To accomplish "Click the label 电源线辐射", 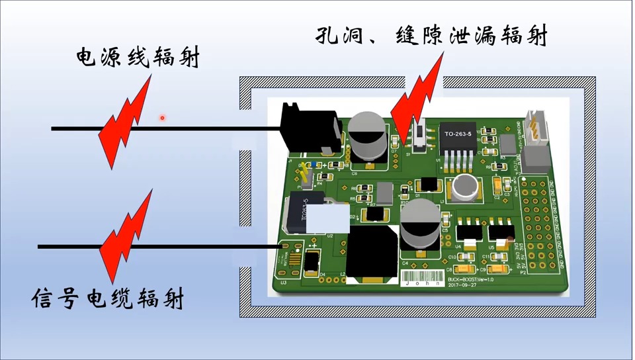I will point(138,58).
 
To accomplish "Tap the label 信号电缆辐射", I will point(107,300).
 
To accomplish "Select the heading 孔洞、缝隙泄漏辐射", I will point(432,36).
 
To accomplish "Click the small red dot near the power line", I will point(161,118).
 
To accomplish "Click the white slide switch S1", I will point(418,134).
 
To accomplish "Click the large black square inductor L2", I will point(372,251).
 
